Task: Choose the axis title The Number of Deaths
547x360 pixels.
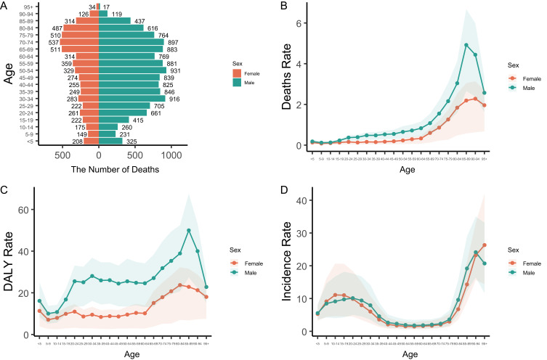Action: pyautogui.click(x=99, y=170)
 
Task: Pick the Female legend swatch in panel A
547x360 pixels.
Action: pyautogui.click(x=237, y=73)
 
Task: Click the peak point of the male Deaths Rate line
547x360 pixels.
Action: pyautogui.click(x=466, y=45)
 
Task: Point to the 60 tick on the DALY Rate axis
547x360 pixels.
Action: pyautogui.click(x=26, y=210)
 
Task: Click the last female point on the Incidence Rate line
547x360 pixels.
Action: pyautogui.click(x=483, y=245)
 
